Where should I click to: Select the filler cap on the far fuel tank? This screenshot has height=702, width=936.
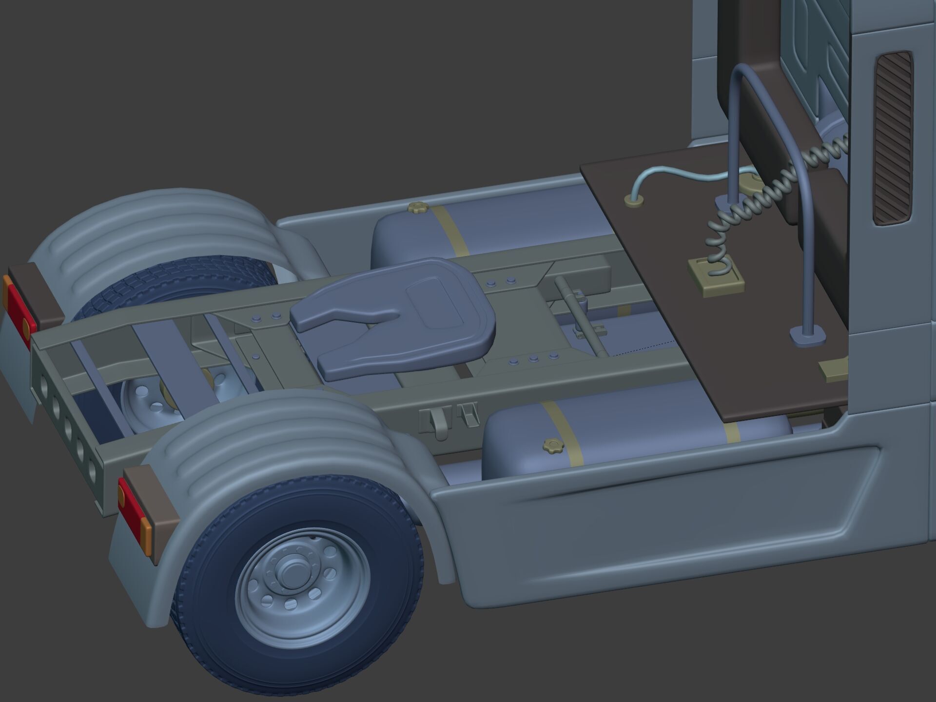click(x=417, y=208)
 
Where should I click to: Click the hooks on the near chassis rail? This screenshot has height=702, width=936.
click(x=448, y=419)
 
